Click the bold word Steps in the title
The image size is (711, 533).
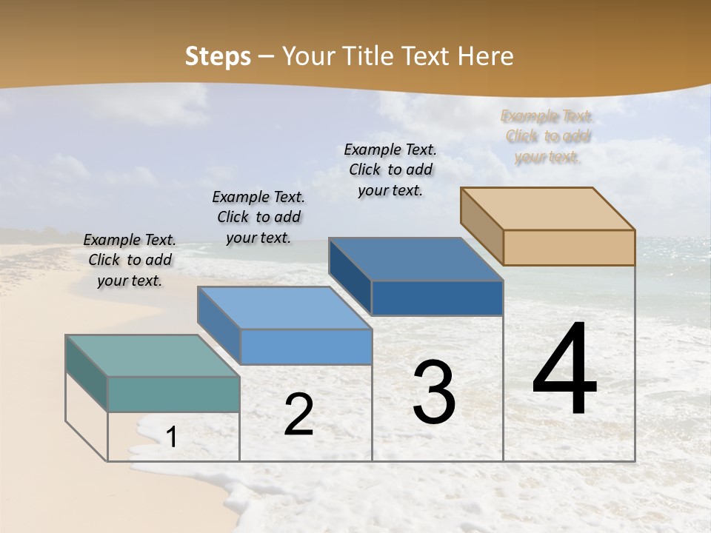(x=218, y=56)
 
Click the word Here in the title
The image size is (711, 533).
(x=485, y=56)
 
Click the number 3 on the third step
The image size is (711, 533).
(x=434, y=392)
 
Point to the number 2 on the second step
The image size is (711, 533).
(x=298, y=415)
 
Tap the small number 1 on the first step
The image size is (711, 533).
(x=171, y=438)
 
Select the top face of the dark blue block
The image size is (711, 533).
(x=415, y=259)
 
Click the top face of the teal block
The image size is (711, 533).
(x=153, y=356)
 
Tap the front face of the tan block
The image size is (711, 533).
(x=569, y=247)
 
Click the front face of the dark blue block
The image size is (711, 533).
(x=437, y=298)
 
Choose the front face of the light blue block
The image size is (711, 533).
(x=306, y=346)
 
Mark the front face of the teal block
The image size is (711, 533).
(x=174, y=394)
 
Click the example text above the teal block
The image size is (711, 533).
(x=130, y=260)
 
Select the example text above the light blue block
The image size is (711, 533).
(x=258, y=217)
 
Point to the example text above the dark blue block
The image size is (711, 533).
(x=390, y=170)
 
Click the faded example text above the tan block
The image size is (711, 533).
(x=547, y=136)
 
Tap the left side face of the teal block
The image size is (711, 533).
(x=87, y=372)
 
